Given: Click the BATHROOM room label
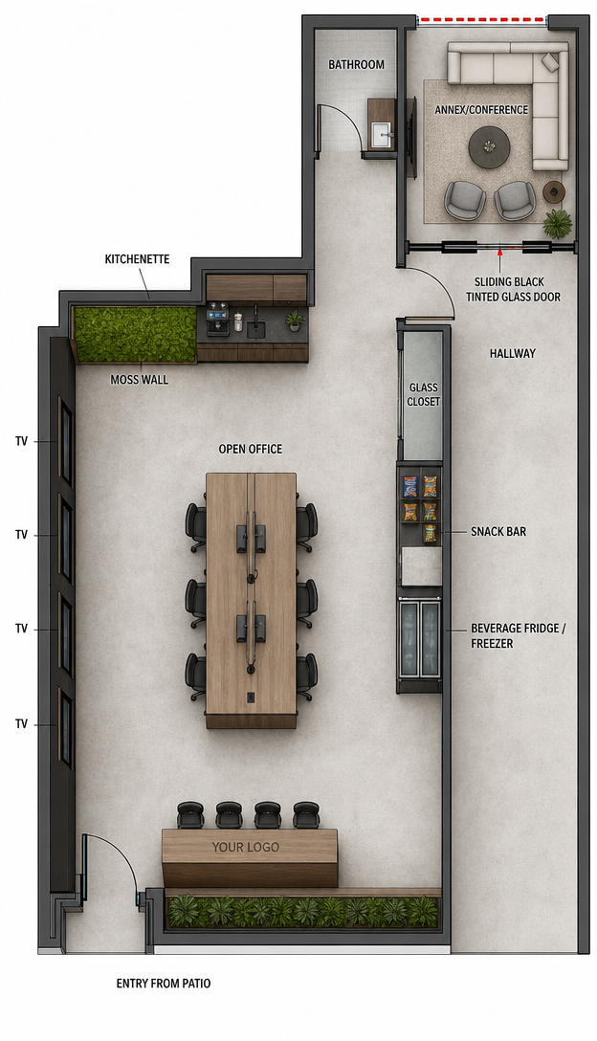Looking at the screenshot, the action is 356,64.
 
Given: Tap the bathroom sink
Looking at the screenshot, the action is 381,135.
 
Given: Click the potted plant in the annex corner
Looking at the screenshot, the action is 557,223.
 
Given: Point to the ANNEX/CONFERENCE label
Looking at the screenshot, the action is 481,109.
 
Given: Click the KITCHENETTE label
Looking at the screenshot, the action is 137,259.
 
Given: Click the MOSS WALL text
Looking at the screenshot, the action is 139,380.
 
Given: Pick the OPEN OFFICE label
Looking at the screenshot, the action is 251,450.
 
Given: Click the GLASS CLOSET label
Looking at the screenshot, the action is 424,394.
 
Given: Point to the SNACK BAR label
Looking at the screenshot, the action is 498,532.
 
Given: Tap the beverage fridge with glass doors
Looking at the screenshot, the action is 420,638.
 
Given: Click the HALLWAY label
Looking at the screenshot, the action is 512,354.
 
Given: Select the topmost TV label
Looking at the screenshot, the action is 22,441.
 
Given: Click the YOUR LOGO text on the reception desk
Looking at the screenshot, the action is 246,847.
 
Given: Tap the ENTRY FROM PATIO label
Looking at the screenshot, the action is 164,984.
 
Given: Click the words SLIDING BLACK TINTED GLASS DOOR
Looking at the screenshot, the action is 513,290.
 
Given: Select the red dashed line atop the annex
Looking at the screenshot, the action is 482,20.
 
